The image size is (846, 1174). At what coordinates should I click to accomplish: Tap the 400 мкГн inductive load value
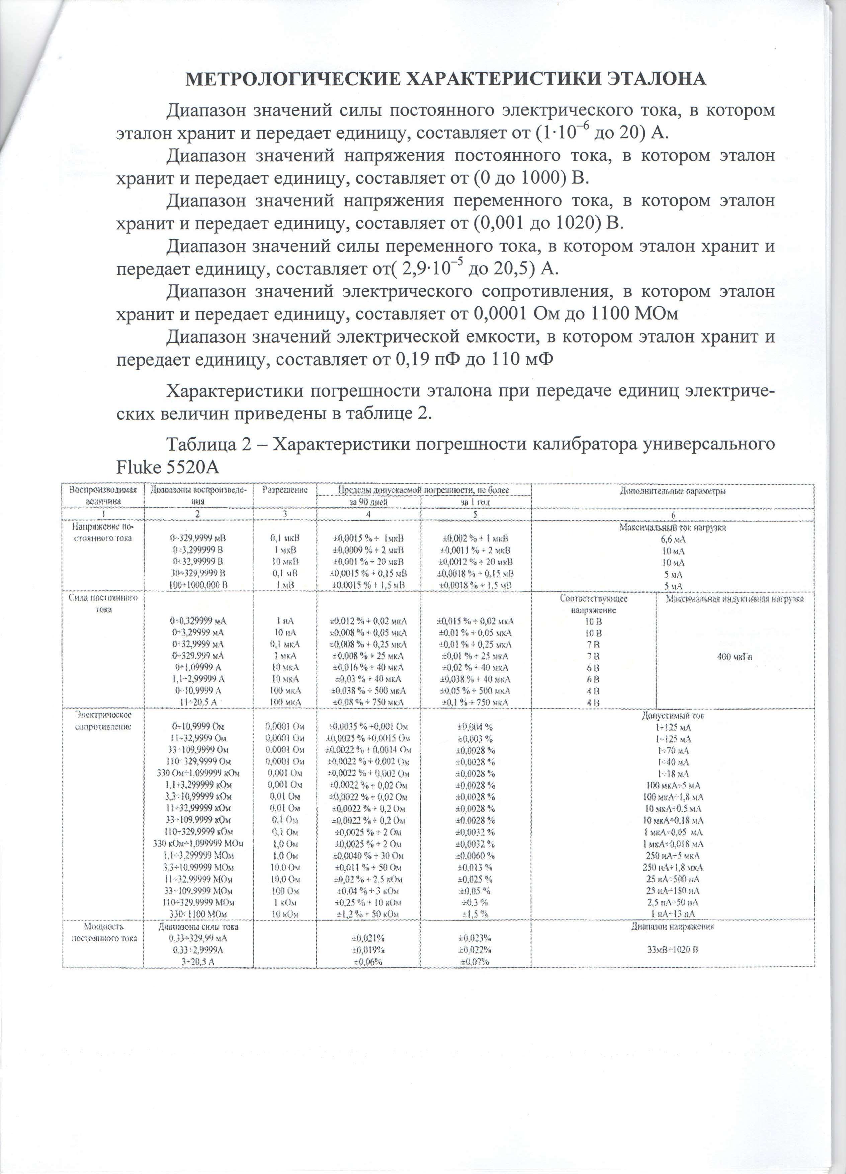(x=734, y=657)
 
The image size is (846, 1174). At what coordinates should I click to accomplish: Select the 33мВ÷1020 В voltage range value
(x=673, y=949)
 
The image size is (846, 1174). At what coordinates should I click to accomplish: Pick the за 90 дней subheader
(x=368, y=502)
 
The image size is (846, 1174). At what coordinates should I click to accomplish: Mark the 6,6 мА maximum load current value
(x=673, y=539)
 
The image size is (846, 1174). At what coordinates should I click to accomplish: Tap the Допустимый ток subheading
(x=673, y=716)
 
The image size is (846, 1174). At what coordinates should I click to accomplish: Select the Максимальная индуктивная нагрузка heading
(x=734, y=599)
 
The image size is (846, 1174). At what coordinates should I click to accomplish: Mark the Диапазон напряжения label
(x=673, y=927)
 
